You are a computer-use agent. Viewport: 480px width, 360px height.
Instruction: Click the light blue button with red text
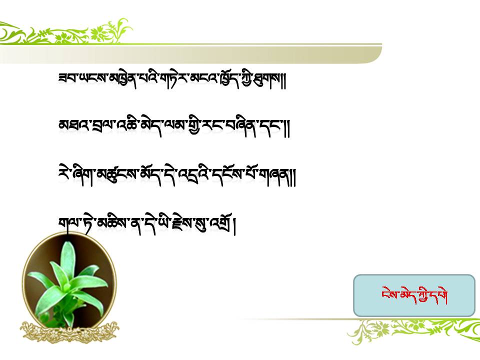pos(414,295)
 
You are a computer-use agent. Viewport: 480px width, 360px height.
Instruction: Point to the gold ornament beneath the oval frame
pos(70,331)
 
